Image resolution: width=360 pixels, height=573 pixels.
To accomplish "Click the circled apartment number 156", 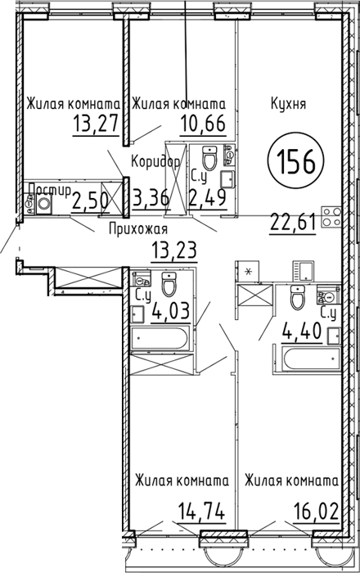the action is coord(295,161).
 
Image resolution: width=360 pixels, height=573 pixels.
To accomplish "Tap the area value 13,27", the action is coord(96,123).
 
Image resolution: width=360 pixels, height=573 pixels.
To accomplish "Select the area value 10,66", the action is coord(203,124).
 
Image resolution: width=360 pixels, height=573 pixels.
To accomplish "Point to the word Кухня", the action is coord(288,104).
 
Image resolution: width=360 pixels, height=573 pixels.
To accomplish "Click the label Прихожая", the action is coord(138,229).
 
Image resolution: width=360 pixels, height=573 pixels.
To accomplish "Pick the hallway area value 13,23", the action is coord(174,250).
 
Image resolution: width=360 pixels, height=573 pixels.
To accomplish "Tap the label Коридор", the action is coord(155,161).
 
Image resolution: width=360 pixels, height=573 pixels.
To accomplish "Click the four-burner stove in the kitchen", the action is coord(331,217).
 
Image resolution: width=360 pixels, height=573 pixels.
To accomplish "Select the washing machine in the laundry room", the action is coord(44,204).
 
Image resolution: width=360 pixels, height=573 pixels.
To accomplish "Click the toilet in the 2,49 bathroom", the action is coord(209,157).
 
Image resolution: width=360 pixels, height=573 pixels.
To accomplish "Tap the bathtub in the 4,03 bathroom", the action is coord(160,338).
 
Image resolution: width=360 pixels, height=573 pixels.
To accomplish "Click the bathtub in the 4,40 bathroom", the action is coord(313,359).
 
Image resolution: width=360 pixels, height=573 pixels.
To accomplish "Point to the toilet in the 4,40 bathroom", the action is coord(297,297).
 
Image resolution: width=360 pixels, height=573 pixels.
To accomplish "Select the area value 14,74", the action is coord(201,511).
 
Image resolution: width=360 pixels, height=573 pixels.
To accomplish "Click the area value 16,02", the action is coord(316,511).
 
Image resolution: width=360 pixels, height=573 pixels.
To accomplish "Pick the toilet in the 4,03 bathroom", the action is coord(169,284).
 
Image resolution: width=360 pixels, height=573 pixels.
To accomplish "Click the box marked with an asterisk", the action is coord(248,272).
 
